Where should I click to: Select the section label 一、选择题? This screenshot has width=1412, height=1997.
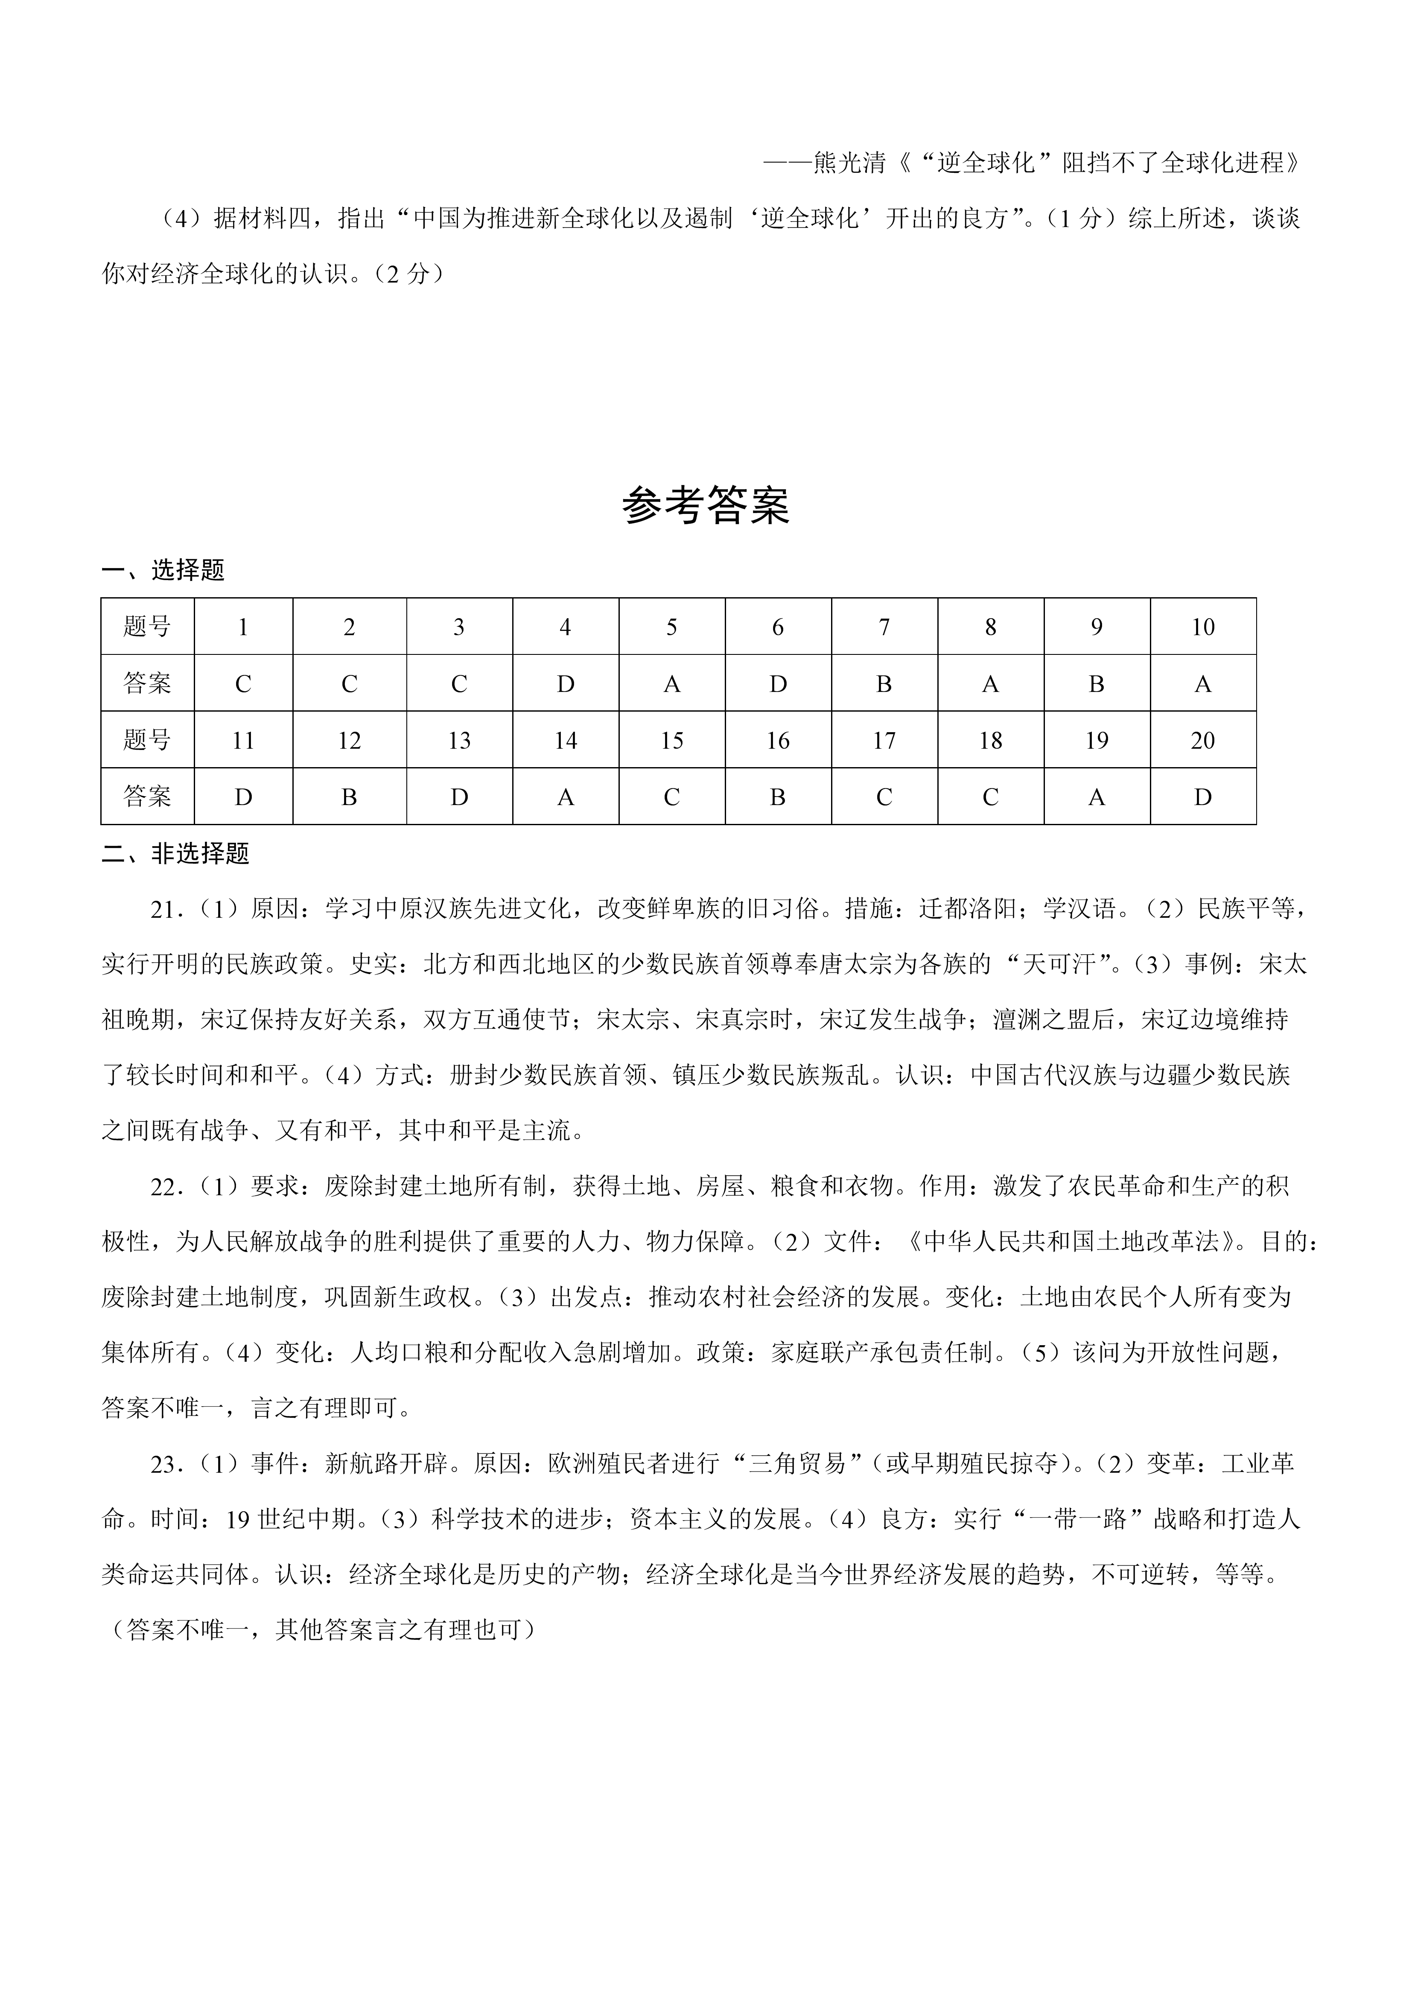click(x=163, y=571)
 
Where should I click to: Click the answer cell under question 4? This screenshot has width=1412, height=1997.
click(x=565, y=683)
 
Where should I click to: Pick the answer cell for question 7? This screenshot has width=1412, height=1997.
click(x=884, y=683)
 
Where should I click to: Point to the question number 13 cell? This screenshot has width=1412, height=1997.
click(x=459, y=740)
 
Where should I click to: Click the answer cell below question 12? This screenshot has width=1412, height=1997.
click(x=350, y=797)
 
